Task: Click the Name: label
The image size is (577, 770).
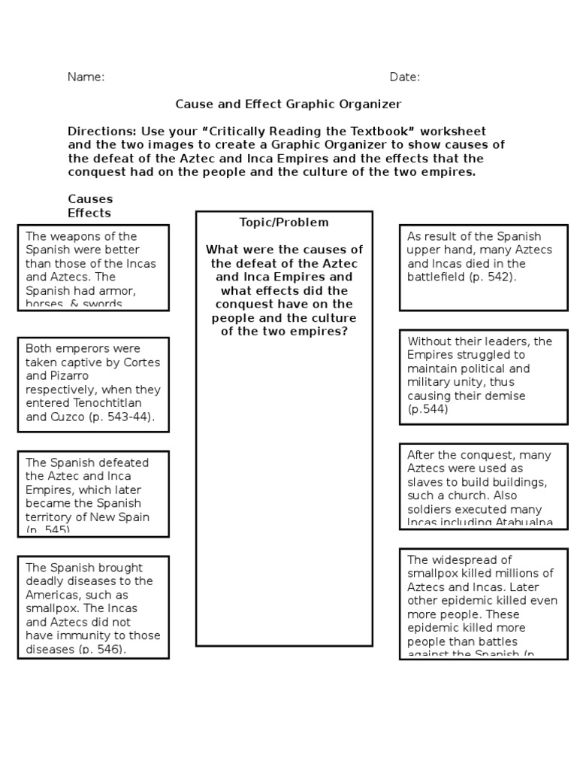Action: tap(86, 77)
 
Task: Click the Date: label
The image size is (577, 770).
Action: tap(404, 77)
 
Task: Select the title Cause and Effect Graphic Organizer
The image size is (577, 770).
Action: tap(288, 105)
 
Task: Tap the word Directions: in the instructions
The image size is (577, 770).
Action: tap(101, 132)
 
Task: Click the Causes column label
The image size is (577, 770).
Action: tap(90, 199)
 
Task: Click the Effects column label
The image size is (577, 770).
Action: tap(89, 213)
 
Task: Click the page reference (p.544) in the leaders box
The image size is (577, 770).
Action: tap(427, 410)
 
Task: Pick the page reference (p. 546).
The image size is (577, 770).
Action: tap(99, 649)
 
